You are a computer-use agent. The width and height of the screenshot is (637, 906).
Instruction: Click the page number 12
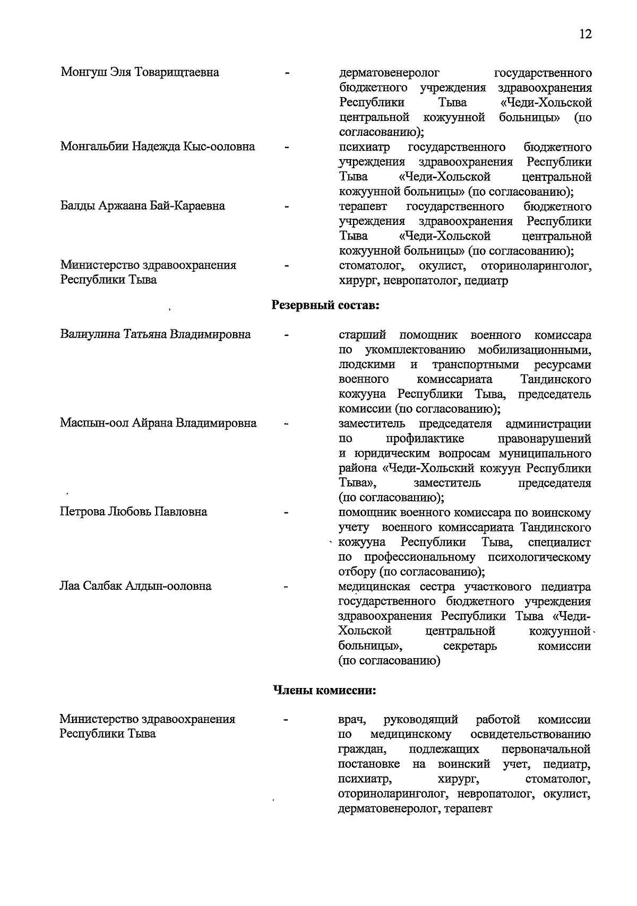click(x=585, y=34)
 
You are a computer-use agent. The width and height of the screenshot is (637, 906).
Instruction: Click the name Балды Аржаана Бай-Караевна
click(x=143, y=205)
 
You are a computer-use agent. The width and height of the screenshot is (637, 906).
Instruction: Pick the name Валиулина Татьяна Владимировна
click(x=156, y=334)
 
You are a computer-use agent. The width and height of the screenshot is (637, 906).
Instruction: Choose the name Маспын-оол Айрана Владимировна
click(x=158, y=423)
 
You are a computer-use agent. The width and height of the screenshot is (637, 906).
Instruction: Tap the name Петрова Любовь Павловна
click(x=133, y=512)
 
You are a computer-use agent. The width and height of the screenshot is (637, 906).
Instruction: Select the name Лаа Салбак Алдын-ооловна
click(x=135, y=586)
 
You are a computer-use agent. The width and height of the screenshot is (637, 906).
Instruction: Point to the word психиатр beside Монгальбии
click(x=364, y=146)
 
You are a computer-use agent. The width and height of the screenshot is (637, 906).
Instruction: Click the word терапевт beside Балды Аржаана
click(x=363, y=206)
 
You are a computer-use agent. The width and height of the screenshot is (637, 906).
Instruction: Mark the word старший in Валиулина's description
click(x=362, y=335)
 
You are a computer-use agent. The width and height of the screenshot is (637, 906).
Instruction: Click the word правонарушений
click(x=545, y=439)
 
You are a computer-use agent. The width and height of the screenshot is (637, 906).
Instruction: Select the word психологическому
click(x=539, y=557)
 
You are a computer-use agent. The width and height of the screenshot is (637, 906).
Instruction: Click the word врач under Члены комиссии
click(x=352, y=720)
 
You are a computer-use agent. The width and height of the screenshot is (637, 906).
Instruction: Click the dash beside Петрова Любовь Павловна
click(x=287, y=513)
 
